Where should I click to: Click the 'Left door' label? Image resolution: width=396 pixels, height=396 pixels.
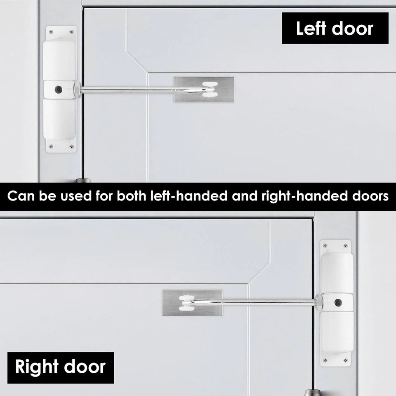point(335,28)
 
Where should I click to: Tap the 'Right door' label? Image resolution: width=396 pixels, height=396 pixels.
point(60,367)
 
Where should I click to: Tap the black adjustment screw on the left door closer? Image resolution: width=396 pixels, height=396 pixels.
point(59,89)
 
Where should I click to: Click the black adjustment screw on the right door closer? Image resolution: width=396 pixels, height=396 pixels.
point(337,303)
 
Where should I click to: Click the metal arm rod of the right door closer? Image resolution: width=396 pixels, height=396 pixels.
point(268,303)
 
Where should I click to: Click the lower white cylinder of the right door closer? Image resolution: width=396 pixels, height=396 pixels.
point(337,332)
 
